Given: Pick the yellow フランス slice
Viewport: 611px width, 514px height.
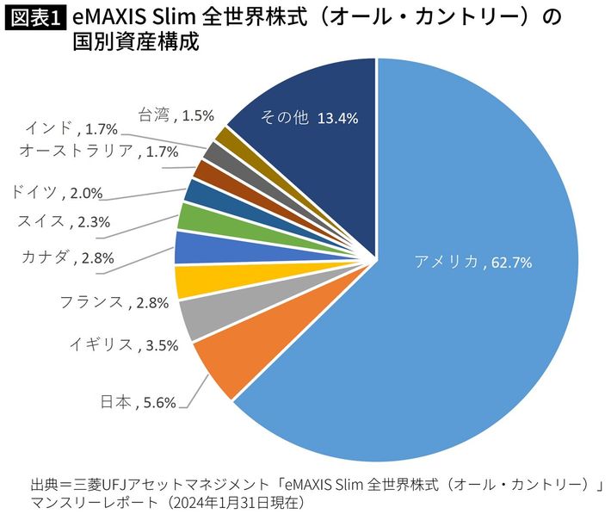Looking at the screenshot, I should coord(191,282).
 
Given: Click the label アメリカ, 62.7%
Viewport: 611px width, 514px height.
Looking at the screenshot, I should coord(473,262).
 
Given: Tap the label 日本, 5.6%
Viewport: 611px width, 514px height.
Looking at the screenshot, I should coord(138,402).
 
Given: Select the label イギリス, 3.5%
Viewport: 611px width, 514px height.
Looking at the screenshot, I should coord(124,345).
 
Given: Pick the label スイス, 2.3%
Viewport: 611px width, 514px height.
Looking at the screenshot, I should coord(64,222).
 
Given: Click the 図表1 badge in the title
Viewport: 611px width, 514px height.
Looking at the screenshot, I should coord(34,19).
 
